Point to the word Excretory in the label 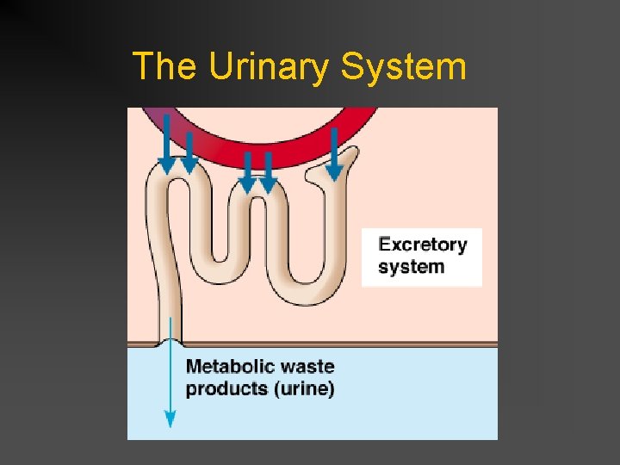click(423, 245)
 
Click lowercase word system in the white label click(412, 267)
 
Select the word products click(226, 388)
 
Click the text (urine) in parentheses click(304, 388)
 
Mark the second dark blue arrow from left click(189, 153)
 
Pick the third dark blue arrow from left click(247, 170)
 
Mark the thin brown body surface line click(344, 344)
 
